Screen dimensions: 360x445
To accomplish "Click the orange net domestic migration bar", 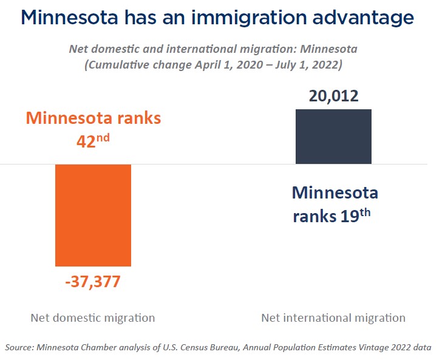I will [x=93, y=215].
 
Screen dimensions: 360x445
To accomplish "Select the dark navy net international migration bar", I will [x=333, y=137].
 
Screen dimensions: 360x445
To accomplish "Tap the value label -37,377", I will [x=93, y=282].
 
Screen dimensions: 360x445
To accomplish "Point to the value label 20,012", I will [x=333, y=95].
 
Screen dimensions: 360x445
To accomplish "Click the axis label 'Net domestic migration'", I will [x=93, y=318].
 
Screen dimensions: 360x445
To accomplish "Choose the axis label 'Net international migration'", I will [x=333, y=318].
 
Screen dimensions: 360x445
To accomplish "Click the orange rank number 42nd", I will [x=93, y=139].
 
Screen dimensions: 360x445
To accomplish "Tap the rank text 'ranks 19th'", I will [x=331, y=216].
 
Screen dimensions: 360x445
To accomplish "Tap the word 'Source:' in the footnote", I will [x=19, y=347].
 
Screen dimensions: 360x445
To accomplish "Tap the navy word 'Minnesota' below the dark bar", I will [x=335, y=193].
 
